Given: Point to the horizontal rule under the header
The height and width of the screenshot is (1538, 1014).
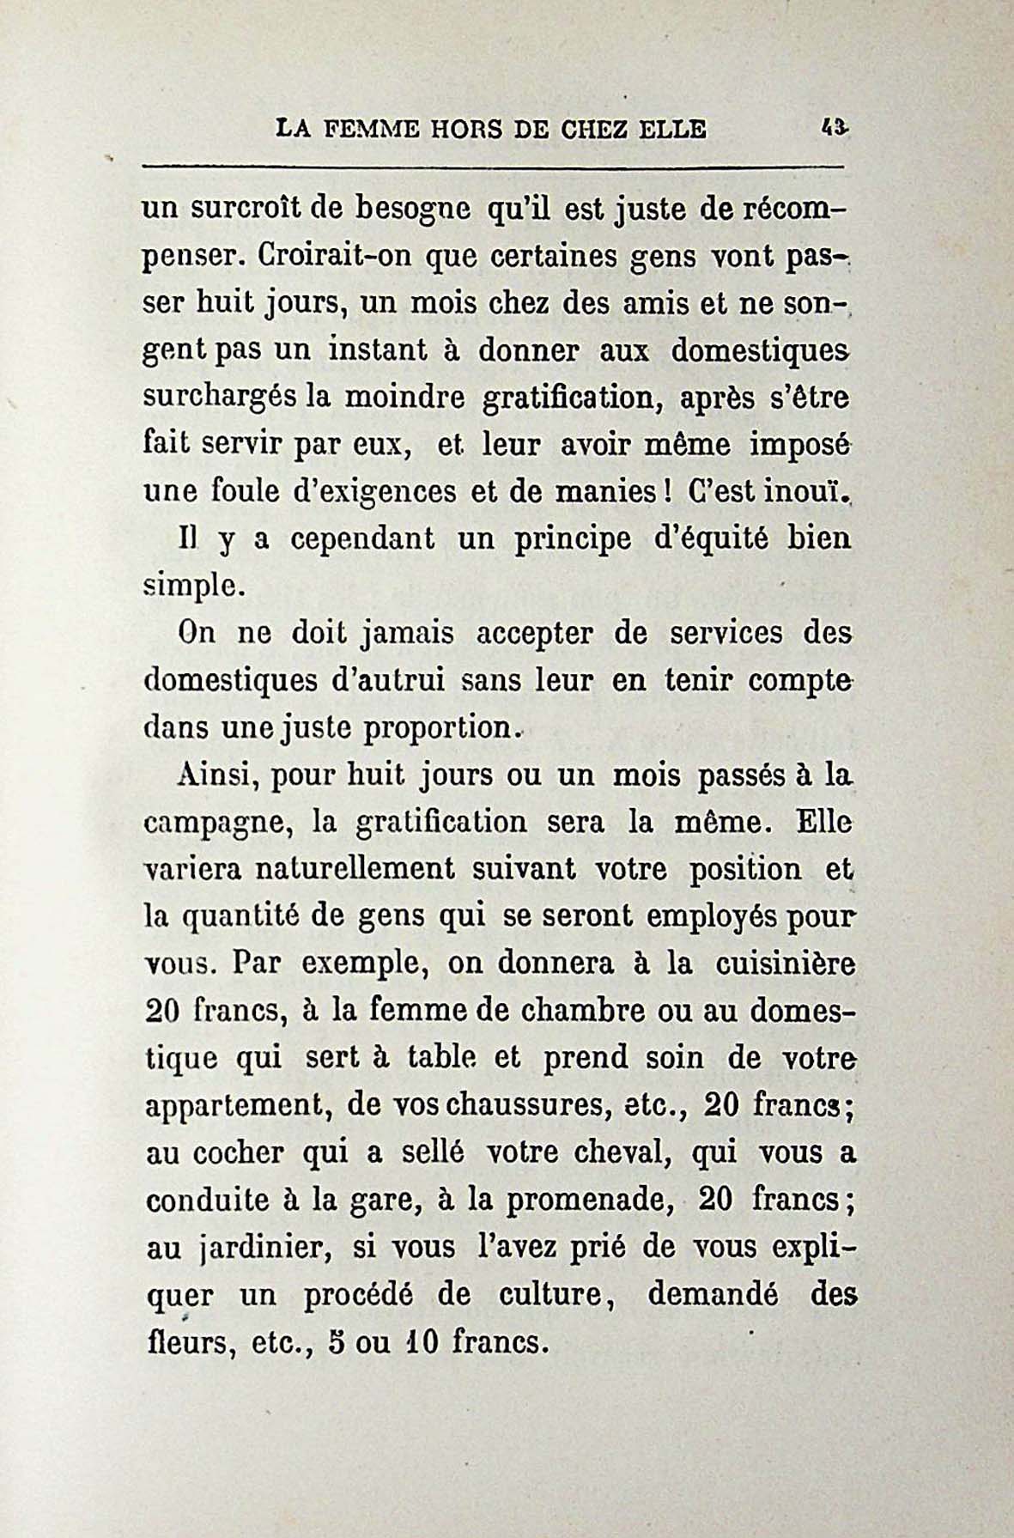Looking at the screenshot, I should [494, 166].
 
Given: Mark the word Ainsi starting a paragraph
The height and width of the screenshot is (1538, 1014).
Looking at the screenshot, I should [219, 775].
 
